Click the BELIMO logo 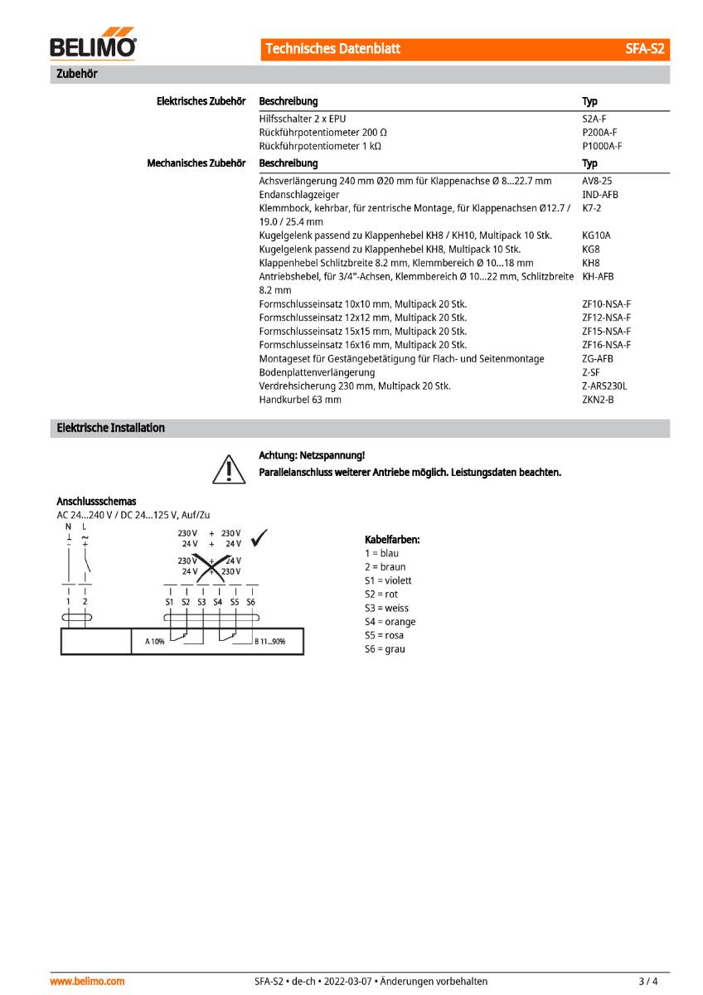[x=94, y=47]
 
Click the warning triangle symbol [x=225, y=468]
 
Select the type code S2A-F [x=594, y=119]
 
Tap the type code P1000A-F [x=602, y=146]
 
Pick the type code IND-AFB [x=600, y=195]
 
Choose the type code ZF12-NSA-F [x=606, y=318]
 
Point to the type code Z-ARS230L [x=604, y=386]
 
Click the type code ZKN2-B [x=599, y=400]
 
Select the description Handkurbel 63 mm [x=300, y=400]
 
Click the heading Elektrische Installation [x=110, y=428]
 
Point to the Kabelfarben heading [x=392, y=540]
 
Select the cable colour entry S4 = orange [x=390, y=622]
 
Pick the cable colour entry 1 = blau [x=381, y=553]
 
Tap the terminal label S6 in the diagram [x=251, y=602]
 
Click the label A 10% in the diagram [x=155, y=641]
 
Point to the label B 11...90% [x=269, y=641]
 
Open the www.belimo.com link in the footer [x=88, y=981]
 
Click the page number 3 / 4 [x=648, y=981]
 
